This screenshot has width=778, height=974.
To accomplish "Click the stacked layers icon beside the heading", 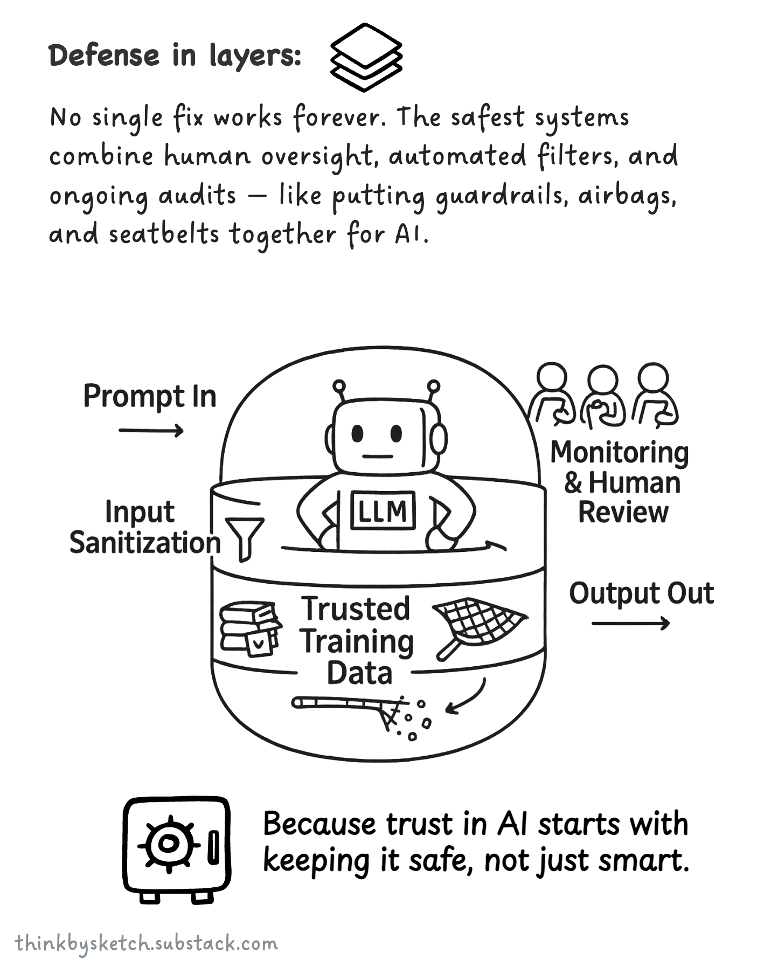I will (x=366, y=57).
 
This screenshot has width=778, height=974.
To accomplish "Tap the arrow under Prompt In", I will (x=151, y=430).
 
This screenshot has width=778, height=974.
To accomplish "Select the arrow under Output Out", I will (x=630, y=624).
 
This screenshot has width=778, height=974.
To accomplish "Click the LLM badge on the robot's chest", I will (x=383, y=510).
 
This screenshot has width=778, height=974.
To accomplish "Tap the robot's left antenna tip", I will (x=339, y=386).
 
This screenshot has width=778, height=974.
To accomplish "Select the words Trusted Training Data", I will (x=357, y=640).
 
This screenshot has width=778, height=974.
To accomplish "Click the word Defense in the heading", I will (x=105, y=56).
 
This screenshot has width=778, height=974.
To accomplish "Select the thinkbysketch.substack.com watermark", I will (x=147, y=944).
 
